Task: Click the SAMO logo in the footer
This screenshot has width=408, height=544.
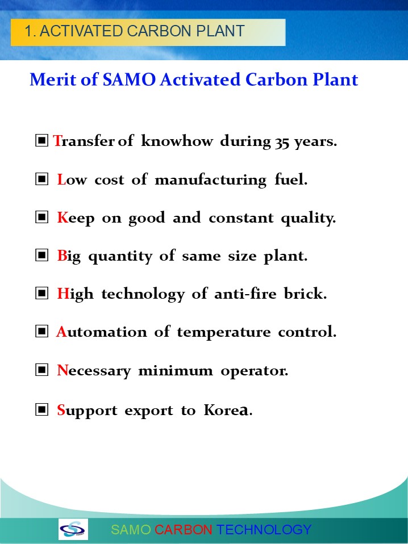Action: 73,529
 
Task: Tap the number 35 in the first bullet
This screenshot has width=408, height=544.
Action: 282,142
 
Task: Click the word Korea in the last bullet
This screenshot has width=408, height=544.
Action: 226,410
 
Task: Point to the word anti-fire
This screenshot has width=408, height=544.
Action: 245,294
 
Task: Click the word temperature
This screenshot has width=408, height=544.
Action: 224,332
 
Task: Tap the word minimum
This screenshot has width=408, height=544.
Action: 176,371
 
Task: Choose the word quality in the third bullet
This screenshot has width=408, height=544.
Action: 307,218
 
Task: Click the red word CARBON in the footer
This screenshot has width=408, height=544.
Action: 183,530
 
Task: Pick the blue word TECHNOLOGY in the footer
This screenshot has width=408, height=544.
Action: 264,530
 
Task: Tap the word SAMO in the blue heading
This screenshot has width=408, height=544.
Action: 129,79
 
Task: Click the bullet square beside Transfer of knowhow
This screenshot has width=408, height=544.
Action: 41,140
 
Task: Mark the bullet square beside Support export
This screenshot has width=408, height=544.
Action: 41,409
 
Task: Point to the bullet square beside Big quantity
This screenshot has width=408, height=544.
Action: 41,256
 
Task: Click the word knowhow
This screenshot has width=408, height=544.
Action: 177,141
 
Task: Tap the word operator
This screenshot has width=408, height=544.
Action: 254,371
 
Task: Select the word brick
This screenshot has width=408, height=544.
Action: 305,294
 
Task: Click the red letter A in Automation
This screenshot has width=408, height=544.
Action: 61,332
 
